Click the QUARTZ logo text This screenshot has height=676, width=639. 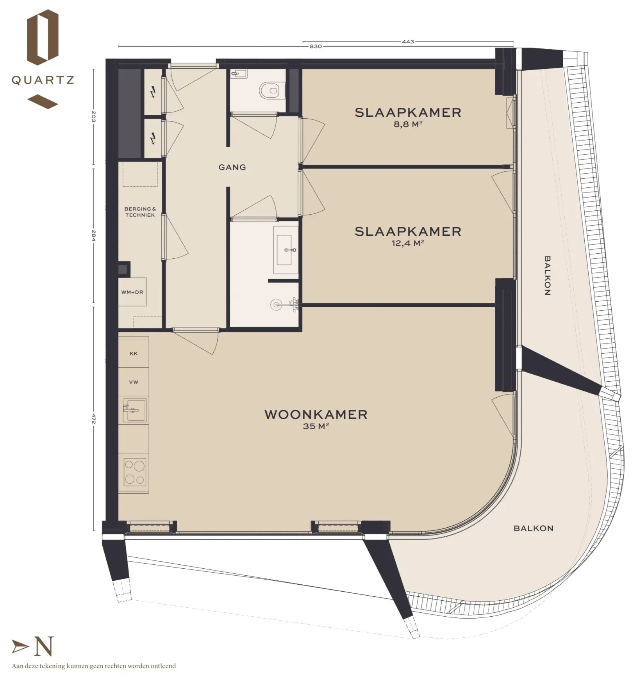(x=43, y=80)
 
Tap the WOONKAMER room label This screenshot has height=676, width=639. (x=316, y=414)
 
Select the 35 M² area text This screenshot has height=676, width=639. (x=316, y=426)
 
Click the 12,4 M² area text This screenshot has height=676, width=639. (x=408, y=244)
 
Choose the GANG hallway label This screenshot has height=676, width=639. (x=232, y=167)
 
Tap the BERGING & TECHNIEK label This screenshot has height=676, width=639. (x=140, y=212)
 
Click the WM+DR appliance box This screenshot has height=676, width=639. (x=132, y=292)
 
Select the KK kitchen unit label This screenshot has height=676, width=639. (x=134, y=354)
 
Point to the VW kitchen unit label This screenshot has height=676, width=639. (x=134, y=382)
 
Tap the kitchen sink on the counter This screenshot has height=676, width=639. (x=135, y=410)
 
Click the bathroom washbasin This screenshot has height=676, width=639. (x=286, y=250)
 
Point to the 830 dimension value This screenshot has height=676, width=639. (x=316, y=46)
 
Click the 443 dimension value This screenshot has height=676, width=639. (x=408, y=41)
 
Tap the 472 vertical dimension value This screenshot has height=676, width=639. (x=93, y=418)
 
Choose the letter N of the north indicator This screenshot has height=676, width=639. (x=44, y=646)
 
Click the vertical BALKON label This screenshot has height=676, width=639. (x=547, y=276)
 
